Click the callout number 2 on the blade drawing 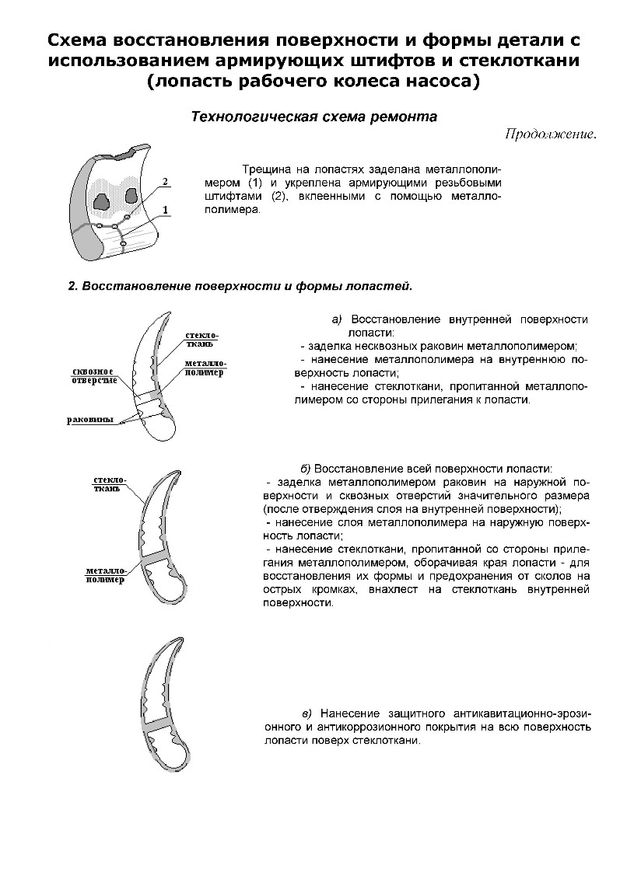[165, 182]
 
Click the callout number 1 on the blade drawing [166, 210]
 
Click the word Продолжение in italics [550, 133]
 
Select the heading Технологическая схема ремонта [314, 117]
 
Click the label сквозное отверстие [89, 375]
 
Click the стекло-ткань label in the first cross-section [201, 340]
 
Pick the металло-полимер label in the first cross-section [205, 368]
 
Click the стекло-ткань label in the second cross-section [109, 484]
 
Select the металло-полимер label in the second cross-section [105, 576]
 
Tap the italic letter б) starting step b [306, 468]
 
